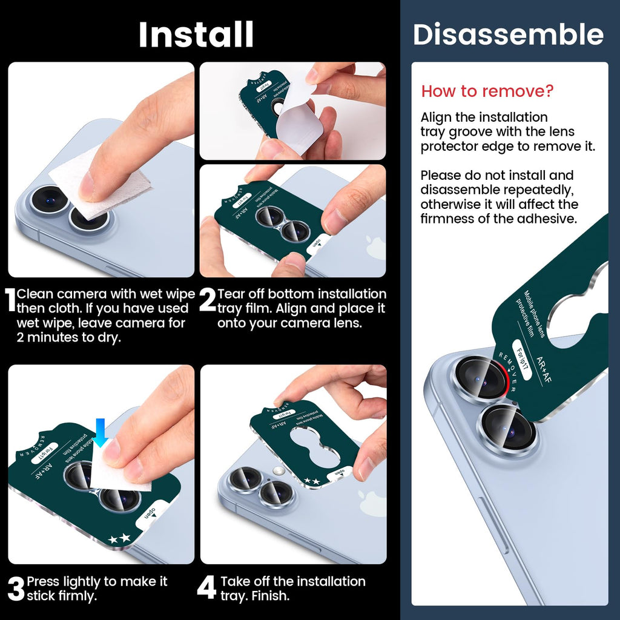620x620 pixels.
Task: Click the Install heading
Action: pyautogui.click(x=196, y=35)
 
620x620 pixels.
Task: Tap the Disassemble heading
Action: pyautogui.click(x=508, y=34)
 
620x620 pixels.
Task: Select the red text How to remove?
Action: pyautogui.click(x=487, y=91)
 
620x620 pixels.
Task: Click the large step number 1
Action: pyautogui.click(x=10, y=300)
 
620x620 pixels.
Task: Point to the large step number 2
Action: pyautogui.click(x=208, y=300)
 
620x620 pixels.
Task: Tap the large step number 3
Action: pyautogui.click(x=16, y=589)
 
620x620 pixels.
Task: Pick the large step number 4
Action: pyautogui.click(x=207, y=587)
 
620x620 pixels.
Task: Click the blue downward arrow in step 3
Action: pyautogui.click(x=101, y=433)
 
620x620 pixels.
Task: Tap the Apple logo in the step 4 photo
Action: pyautogui.click(x=372, y=502)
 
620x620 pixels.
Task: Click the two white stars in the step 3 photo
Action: pyautogui.click(x=119, y=538)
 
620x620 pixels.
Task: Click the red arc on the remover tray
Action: pyautogui.click(x=504, y=378)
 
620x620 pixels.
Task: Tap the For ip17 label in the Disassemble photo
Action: pyautogui.click(x=523, y=360)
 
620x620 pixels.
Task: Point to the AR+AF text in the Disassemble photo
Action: pyautogui.click(x=544, y=370)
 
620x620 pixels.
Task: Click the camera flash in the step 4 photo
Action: pyautogui.click(x=279, y=470)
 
